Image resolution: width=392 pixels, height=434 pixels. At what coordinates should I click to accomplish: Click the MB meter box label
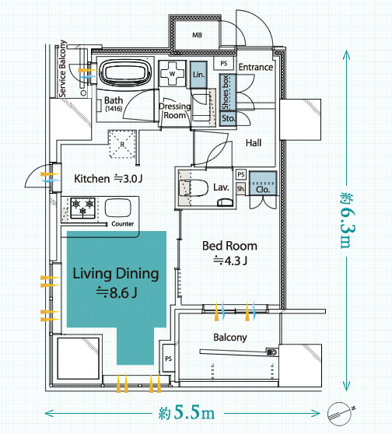[197, 35]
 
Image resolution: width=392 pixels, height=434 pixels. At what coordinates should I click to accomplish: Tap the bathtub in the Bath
[125, 72]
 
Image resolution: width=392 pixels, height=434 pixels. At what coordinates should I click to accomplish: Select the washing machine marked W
[172, 74]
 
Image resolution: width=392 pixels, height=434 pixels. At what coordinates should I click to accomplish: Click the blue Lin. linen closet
[198, 75]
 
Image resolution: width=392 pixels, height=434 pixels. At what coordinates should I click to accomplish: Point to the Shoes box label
[226, 93]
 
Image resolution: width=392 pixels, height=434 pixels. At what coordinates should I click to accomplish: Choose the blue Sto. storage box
[228, 119]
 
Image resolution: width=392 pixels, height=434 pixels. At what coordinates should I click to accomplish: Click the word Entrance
[256, 67]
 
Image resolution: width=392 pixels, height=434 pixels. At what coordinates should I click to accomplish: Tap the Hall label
[254, 143]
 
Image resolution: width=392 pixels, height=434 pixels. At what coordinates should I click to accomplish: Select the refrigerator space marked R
[122, 144]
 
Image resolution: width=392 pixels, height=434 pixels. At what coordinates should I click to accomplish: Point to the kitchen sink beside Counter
[117, 208]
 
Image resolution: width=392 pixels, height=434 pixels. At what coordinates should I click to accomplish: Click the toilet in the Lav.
[194, 188]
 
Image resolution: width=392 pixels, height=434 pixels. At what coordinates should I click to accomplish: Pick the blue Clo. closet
[263, 184]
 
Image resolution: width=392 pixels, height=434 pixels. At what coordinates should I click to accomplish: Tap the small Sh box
[240, 189]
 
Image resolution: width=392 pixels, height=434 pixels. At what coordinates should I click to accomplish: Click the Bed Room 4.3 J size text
[230, 261]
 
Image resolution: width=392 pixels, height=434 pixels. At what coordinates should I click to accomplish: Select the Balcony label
[230, 338]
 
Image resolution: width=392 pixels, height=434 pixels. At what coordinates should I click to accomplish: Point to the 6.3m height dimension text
[348, 220]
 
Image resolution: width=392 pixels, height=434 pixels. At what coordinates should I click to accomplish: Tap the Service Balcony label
[62, 68]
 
